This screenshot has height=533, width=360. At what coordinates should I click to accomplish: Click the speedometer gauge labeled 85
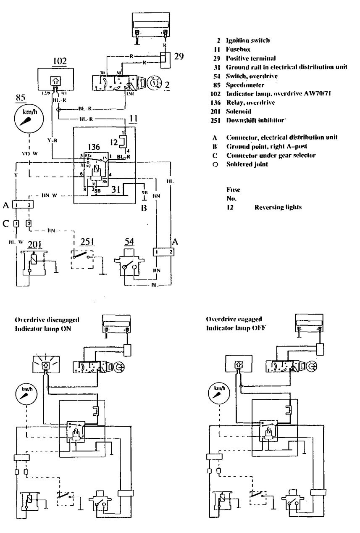(28, 119)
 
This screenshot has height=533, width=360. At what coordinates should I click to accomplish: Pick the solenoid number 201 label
(33, 245)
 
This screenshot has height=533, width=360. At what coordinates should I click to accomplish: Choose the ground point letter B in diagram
(144, 207)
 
